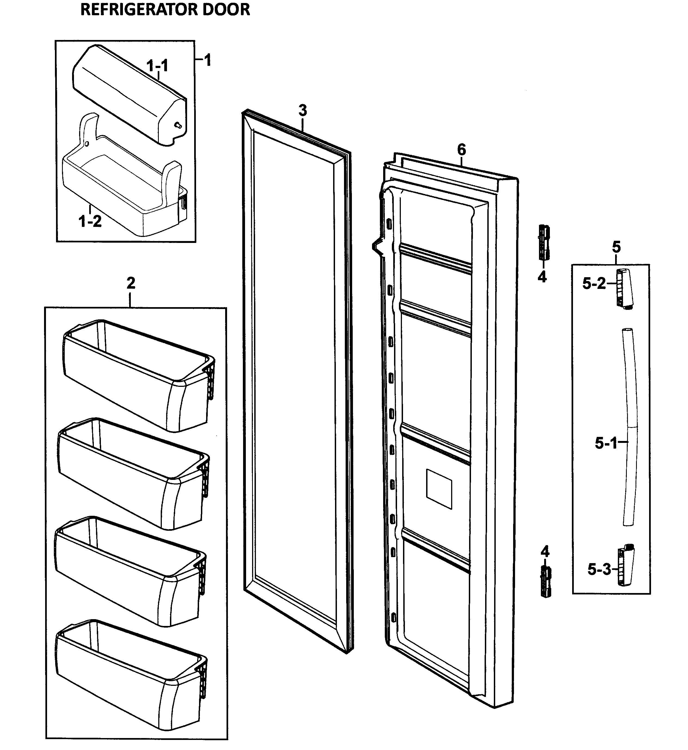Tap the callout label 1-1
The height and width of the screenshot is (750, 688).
pyautogui.click(x=157, y=66)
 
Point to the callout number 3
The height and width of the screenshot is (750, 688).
pyautogui.click(x=303, y=111)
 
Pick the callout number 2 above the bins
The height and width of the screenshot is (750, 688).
pyautogui.click(x=131, y=283)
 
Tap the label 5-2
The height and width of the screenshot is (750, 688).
pyautogui.click(x=594, y=284)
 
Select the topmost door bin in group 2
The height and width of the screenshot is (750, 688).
pyautogui.click(x=138, y=376)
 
